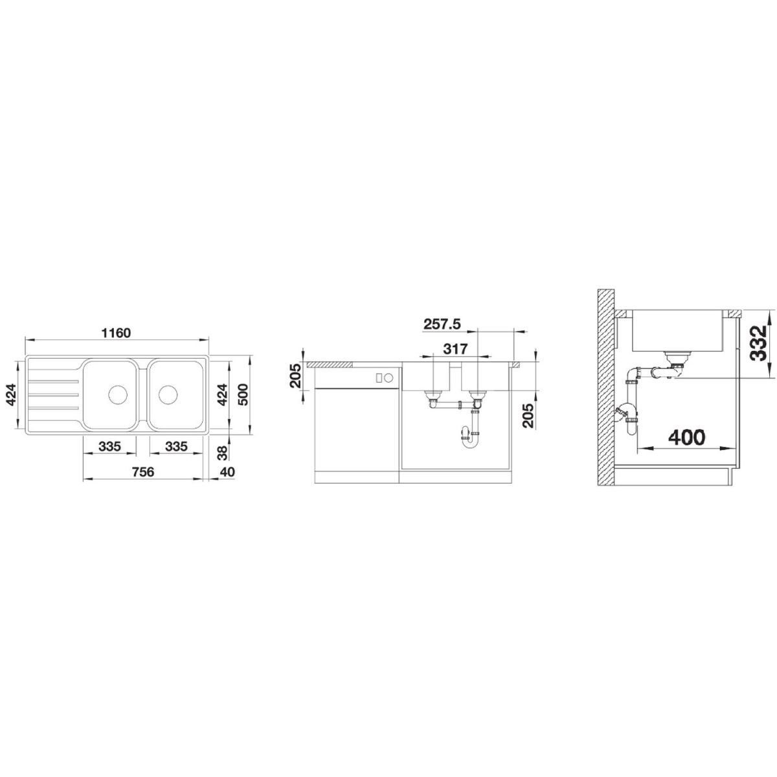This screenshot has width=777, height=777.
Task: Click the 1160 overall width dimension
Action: point(117,333)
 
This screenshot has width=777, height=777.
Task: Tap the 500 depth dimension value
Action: point(243,395)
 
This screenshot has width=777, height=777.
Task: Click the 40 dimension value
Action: point(228,471)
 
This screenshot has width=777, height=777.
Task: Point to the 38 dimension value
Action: point(223,453)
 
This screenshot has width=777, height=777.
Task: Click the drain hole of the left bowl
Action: point(118,394)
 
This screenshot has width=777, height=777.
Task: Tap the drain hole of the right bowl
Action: point(168,394)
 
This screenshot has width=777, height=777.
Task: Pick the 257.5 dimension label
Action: point(442,324)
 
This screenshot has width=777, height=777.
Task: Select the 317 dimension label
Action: point(455,348)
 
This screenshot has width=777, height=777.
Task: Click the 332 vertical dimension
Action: point(759,343)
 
